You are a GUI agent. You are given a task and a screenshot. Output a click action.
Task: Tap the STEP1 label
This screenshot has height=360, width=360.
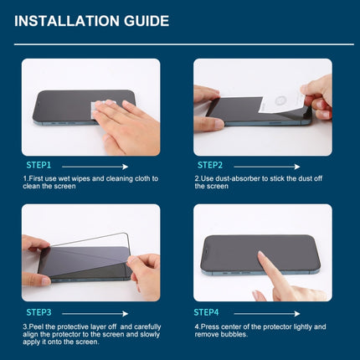39,166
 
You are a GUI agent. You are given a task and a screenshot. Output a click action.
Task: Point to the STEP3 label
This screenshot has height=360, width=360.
39,312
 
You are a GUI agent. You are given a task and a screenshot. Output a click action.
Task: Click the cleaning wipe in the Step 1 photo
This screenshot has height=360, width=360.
106,108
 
